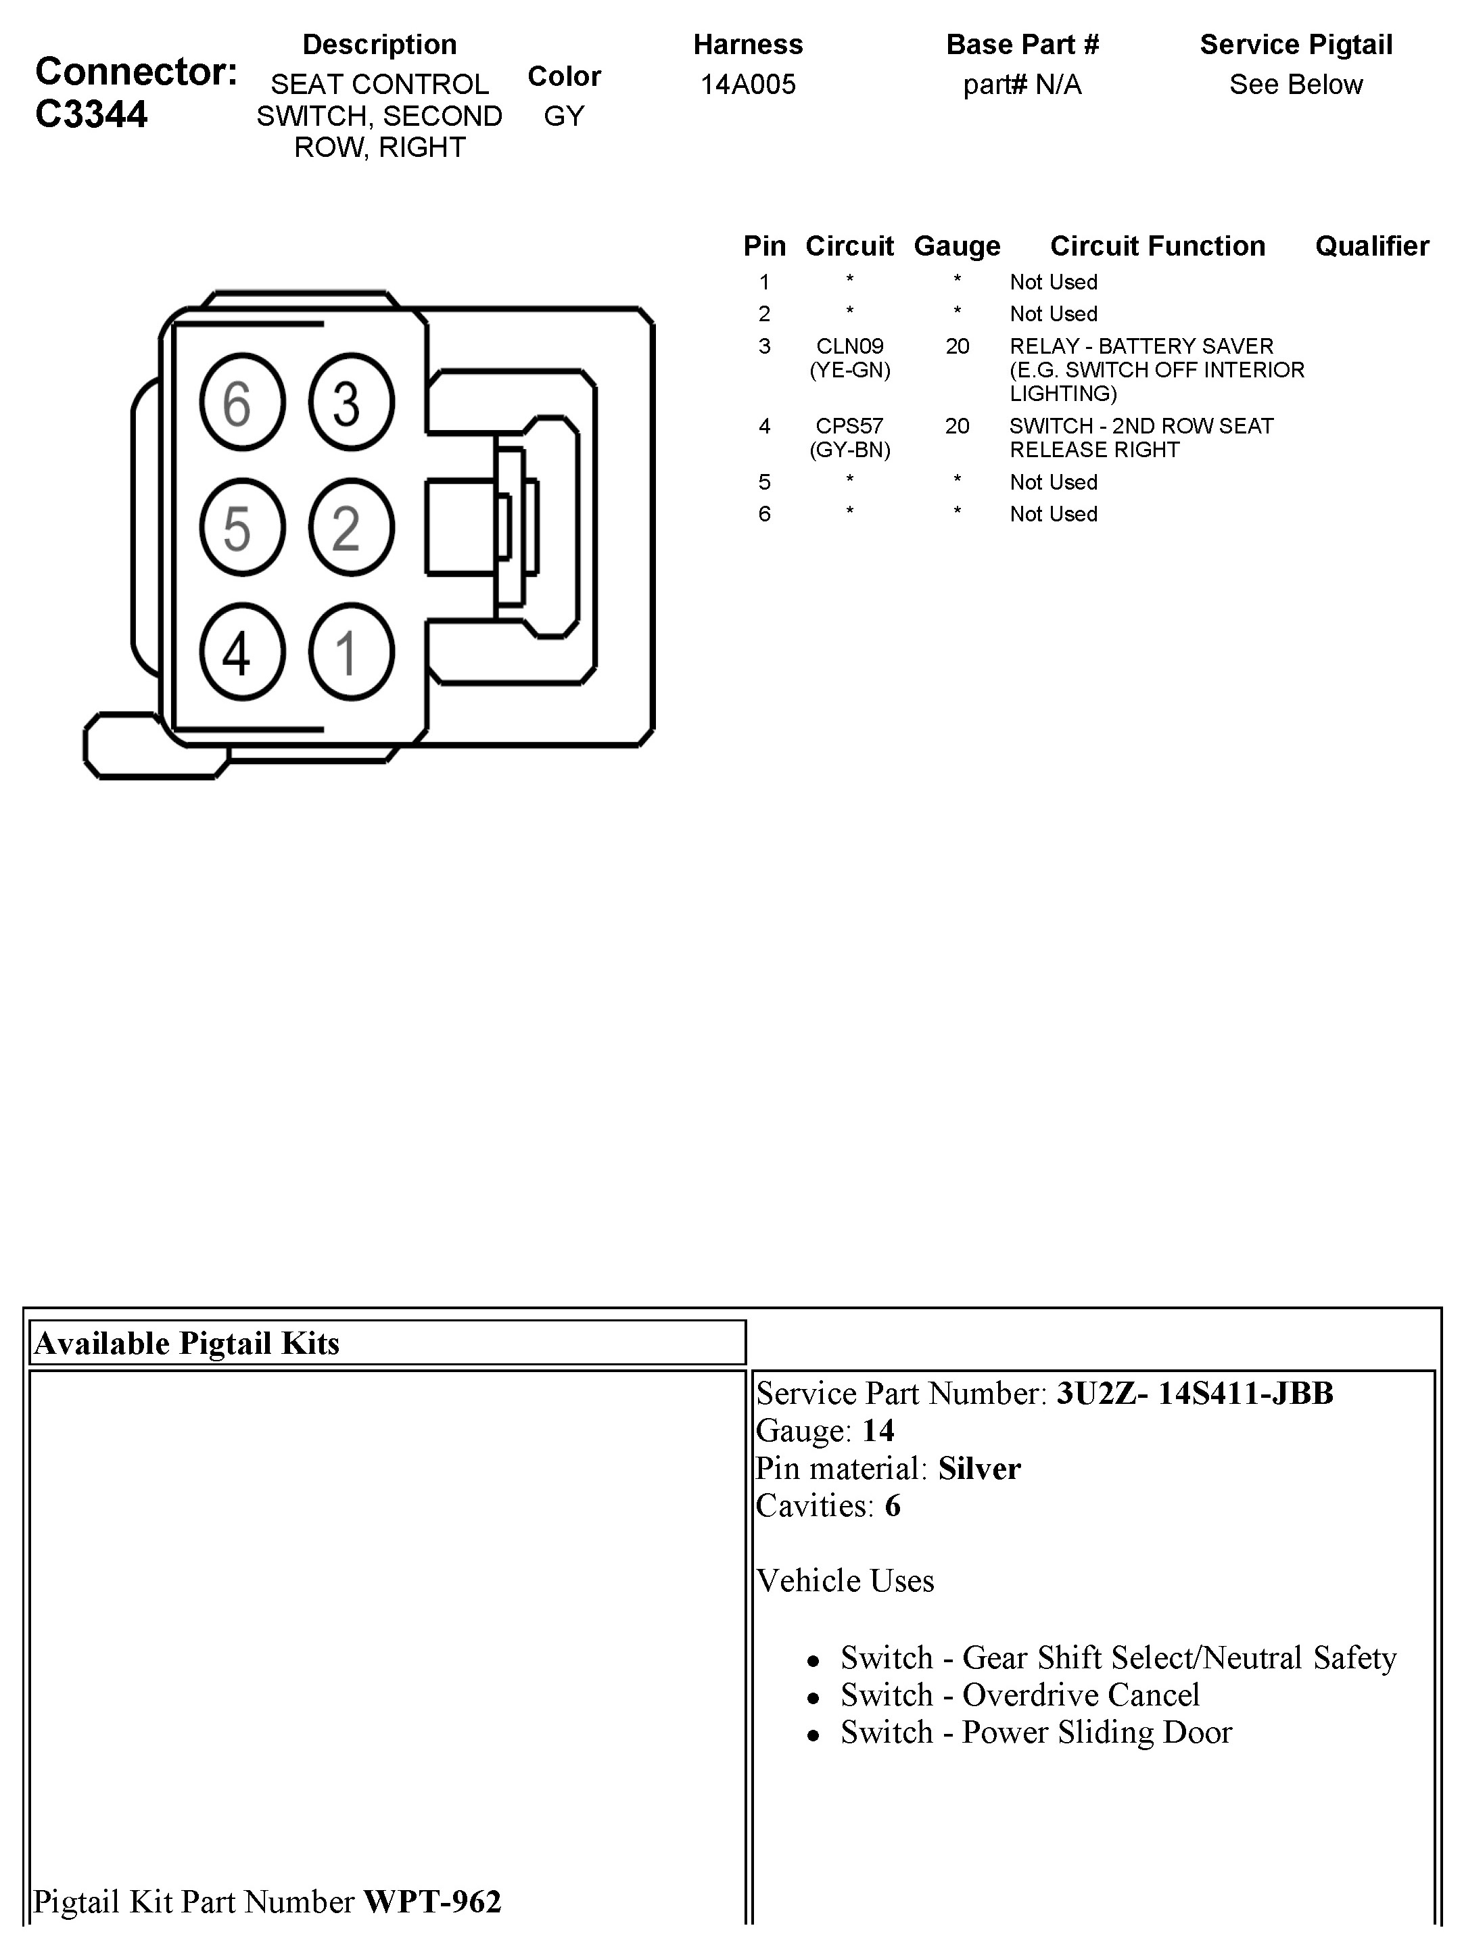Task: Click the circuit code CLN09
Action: [849, 346]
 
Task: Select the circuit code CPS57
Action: [849, 427]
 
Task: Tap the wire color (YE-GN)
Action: [849, 370]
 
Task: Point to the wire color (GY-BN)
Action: [849, 450]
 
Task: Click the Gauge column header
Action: [957, 245]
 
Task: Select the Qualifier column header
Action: [1371, 245]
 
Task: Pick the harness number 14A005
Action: [748, 85]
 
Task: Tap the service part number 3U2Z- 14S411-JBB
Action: [1194, 1393]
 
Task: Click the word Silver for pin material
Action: [979, 1468]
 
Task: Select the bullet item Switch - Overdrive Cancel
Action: [1020, 1695]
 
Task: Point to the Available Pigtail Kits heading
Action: [186, 1343]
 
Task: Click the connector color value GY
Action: [564, 116]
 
